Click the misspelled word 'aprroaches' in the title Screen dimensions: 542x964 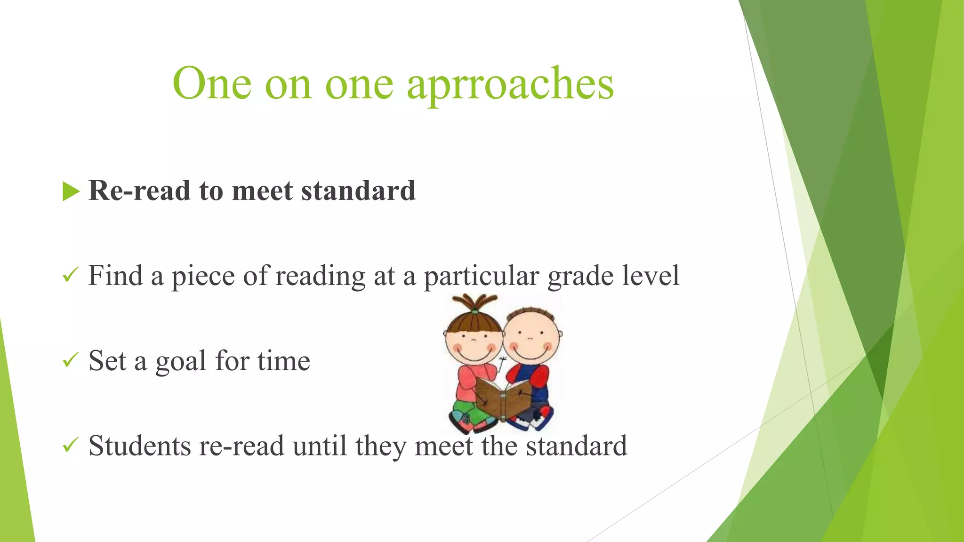(510, 85)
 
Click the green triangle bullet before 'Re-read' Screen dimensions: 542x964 (71, 191)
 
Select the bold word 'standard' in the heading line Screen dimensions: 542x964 (358, 191)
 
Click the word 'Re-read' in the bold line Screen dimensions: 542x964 (139, 191)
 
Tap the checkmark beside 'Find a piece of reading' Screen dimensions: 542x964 (70, 275)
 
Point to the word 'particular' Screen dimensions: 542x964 (481, 277)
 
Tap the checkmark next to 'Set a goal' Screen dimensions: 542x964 (70, 360)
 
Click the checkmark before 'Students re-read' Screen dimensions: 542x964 (70, 446)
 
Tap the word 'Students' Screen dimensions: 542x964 (139, 446)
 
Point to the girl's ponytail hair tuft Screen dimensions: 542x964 (474, 303)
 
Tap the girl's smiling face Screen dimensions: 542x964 (474, 343)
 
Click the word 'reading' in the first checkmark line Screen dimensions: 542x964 (320, 277)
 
